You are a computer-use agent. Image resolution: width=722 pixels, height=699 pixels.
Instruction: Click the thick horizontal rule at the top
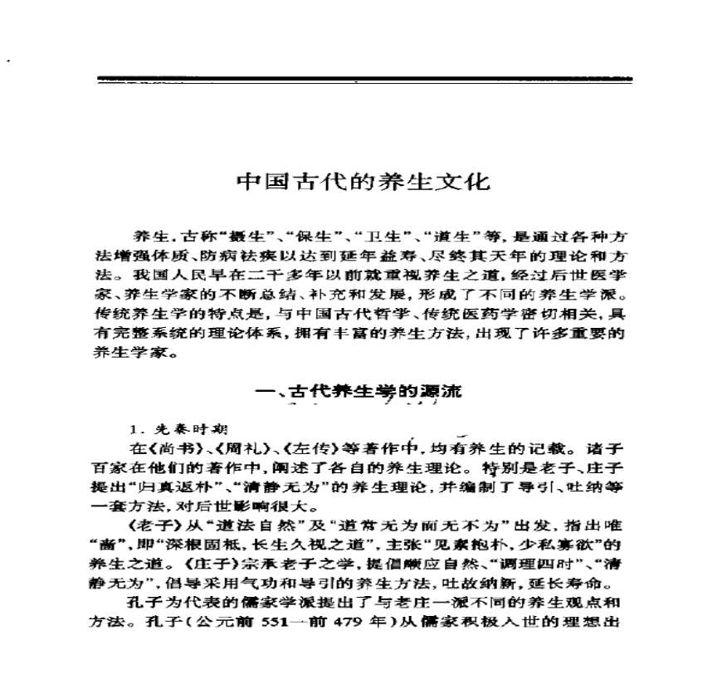[364, 81]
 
